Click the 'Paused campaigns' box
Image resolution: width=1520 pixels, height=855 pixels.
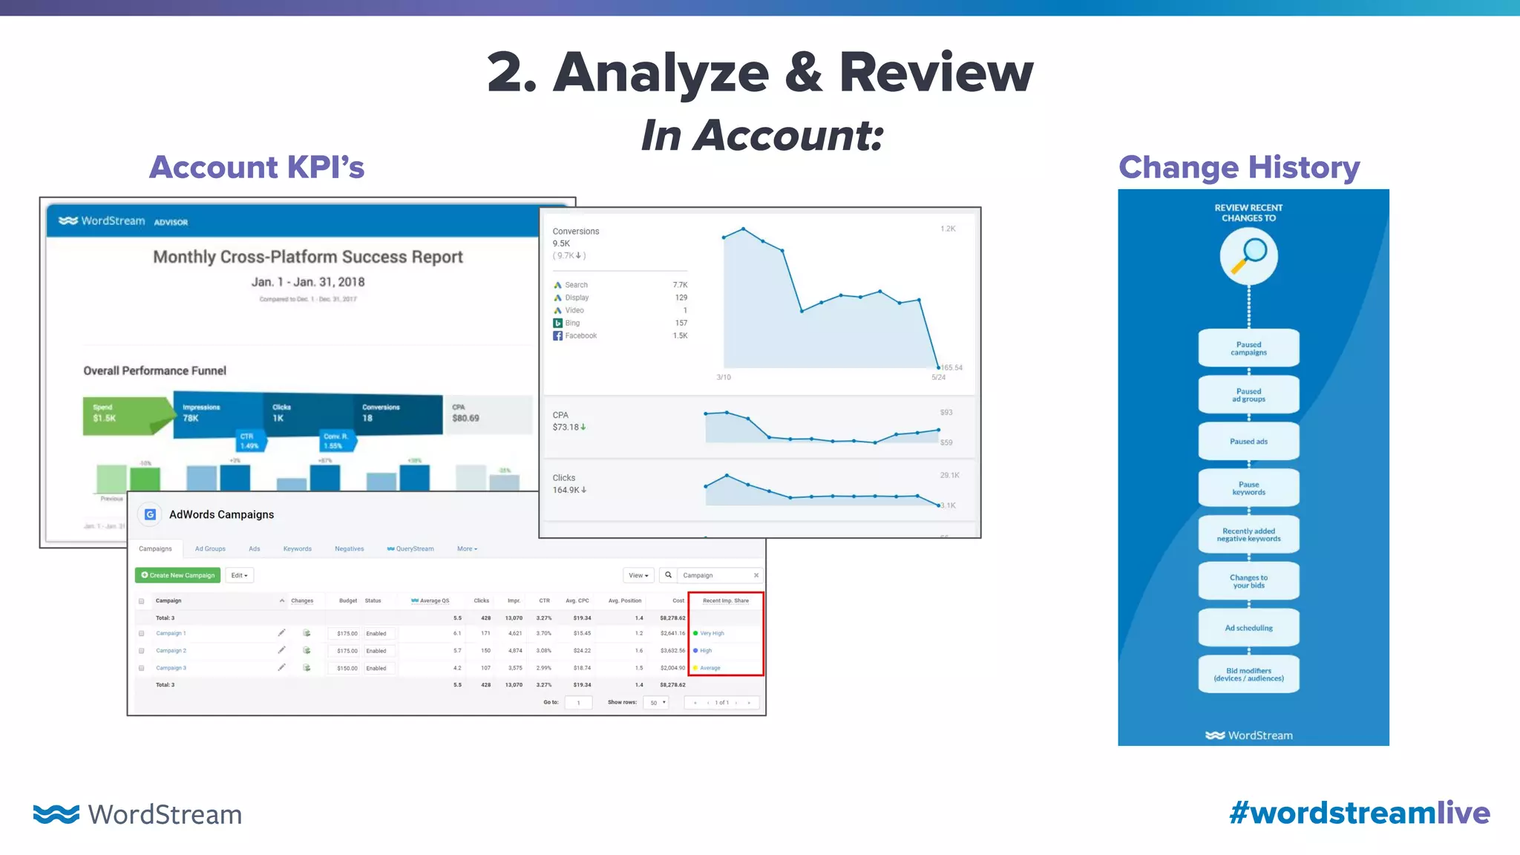pos(1248,348)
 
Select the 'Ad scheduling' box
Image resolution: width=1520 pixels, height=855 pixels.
pos(1248,628)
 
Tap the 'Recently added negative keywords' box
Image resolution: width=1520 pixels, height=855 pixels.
pos(1248,534)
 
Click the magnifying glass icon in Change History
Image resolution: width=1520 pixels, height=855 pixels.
pos(1249,256)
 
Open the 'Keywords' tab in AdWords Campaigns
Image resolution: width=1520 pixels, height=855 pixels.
pos(297,549)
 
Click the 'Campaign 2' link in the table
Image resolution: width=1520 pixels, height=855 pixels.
pos(171,651)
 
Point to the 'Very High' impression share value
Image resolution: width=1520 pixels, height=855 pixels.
pos(712,634)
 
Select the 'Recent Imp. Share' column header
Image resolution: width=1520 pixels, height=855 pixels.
pos(725,601)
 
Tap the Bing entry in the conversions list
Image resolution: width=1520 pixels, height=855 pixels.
pos(572,324)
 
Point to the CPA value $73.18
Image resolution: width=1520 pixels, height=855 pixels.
pos(566,427)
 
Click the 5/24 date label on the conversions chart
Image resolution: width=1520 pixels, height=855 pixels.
pos(938,378)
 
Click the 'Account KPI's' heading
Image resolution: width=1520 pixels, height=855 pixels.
pos(257,168)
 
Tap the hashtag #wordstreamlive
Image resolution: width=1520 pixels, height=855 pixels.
pos(1359,813)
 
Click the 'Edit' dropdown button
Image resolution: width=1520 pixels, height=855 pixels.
pos(239,576)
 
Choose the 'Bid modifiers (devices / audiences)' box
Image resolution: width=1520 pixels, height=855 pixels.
pos(1248,675)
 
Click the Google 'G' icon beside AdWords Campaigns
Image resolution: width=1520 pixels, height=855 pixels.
pos(150,514)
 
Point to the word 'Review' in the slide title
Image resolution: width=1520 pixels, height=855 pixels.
pos(936,73)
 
